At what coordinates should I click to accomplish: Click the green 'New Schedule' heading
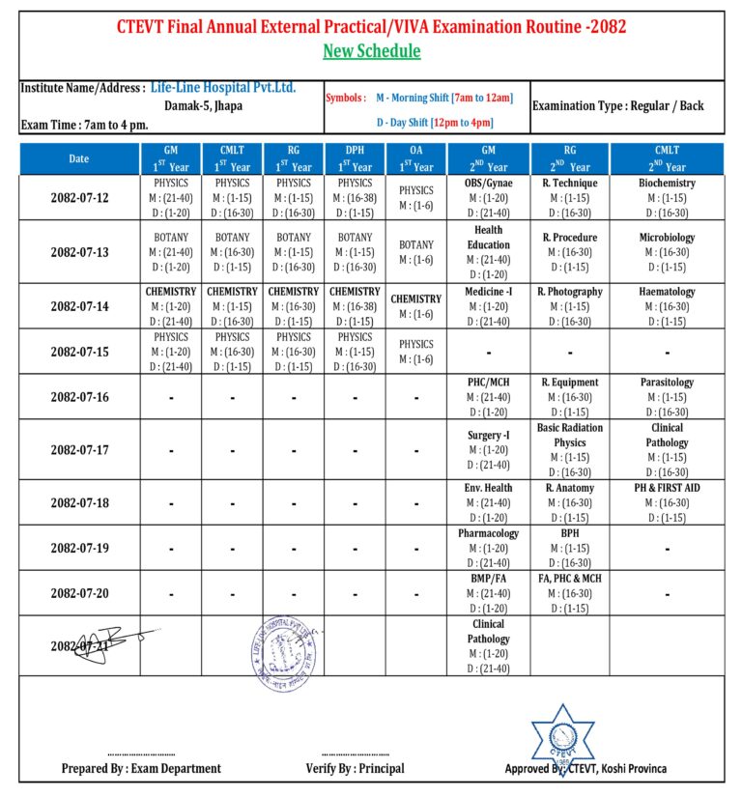pyautogui.click(x=371, y=51)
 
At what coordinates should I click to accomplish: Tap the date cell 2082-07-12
pyautogui.click(x=79, y=198)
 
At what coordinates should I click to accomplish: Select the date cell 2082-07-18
pyautogui.click(x=79, y=503)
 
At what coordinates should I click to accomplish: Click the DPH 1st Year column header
pyautogui.click(x=355, y=158)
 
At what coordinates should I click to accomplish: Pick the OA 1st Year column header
pyautogui.click(x=416, y=158)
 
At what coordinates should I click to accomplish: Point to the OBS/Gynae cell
pyautogui.click(x=489, y=198)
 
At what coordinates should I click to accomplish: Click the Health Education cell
pyautogui.click(x=489, y=251)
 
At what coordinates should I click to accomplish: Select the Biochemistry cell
pyautogui.click(x=667, y=198)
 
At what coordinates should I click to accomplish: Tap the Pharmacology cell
pyautogui.click(x=489, y=548)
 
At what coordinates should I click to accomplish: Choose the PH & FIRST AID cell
pyautogui.click(x=667, y=502)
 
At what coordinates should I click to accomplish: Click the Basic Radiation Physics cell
pyautogui.click(x=570, y=449)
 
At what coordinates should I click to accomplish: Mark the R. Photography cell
pyautogui.click(x=570, y=305)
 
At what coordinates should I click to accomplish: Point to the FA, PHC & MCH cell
pyautogui.click(x=570, y=592)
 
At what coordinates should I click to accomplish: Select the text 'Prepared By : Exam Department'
pyautogui.click(x=141, y=768)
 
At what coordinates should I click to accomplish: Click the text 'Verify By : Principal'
pyautogui.click(x=355, y=768)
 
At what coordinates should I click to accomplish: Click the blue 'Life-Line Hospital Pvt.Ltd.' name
pyautogui.click(x=223, y=88)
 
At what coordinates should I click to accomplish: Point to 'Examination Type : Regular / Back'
pyautogui.click(x=618, y=105)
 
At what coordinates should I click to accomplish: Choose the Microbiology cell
pyautogui.click(x=667, y=251)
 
